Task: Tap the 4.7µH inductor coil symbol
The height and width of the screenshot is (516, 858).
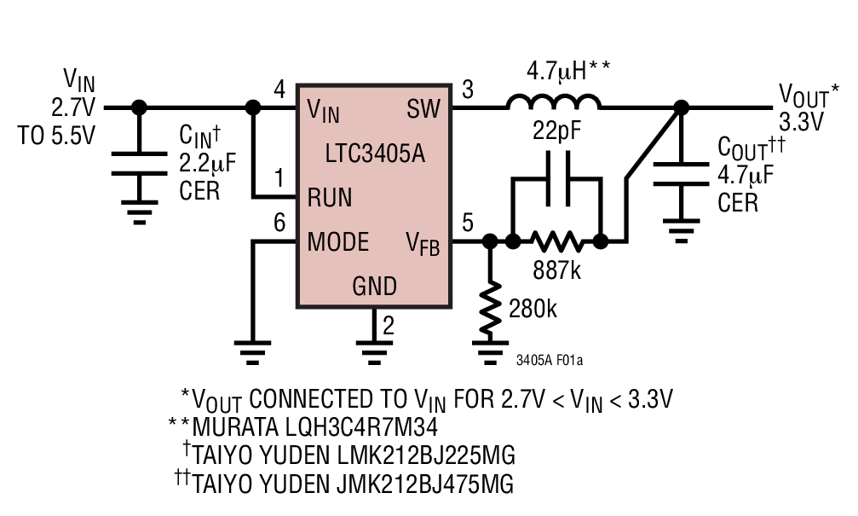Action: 554,102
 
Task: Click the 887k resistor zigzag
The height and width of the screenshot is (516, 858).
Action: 557,242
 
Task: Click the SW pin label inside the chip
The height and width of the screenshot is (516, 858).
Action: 424,109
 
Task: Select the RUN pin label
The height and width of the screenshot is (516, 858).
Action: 330,198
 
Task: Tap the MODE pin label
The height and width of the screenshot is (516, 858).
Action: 338,242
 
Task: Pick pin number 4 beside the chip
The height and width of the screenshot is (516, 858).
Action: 279,89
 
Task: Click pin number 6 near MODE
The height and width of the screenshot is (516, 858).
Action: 279,223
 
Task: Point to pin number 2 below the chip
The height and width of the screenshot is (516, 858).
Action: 389,325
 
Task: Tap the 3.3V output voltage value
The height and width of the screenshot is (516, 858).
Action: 802,122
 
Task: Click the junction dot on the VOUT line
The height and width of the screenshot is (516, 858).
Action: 680,108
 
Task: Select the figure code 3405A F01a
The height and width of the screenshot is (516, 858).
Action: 550,361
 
